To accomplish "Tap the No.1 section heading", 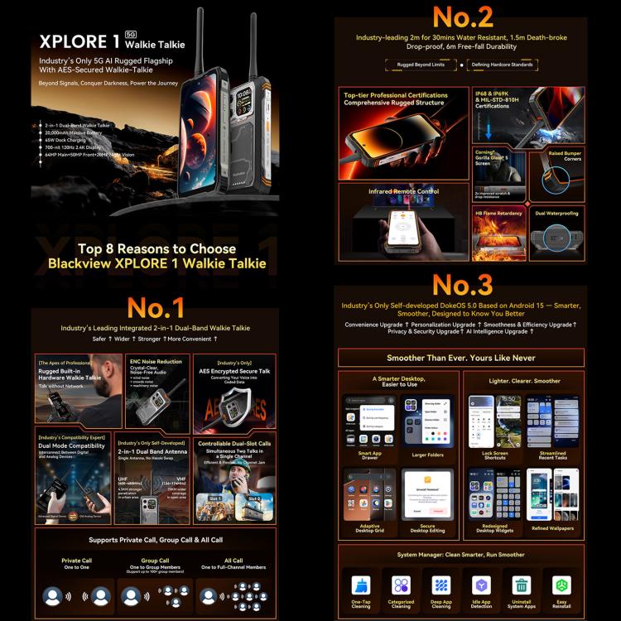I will (x=155, y=307).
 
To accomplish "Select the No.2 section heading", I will (x=463, y=17).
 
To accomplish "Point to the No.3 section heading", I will (x=463, y=285).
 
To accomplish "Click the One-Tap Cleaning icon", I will (x=360, y=585).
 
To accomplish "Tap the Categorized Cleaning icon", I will (x=401, y=585).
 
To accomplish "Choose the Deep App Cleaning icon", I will (x=441, y=585).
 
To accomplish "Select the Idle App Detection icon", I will (x=482, y=585).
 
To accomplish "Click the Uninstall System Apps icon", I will (x=522, y=585).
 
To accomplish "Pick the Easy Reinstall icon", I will (x=562, y=585).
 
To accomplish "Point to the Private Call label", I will (x=76, y=561).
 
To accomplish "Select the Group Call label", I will (x=155, y=561).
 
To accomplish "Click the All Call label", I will (x=233, y=561).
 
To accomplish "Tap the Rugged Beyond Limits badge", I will (x=421, y=65).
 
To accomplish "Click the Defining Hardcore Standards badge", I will (x=503, y=65).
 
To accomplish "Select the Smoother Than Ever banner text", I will (x=462, y=358).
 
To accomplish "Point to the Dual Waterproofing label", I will (x=556, y=213).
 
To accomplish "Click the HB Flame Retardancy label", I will (x=498, y=213).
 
